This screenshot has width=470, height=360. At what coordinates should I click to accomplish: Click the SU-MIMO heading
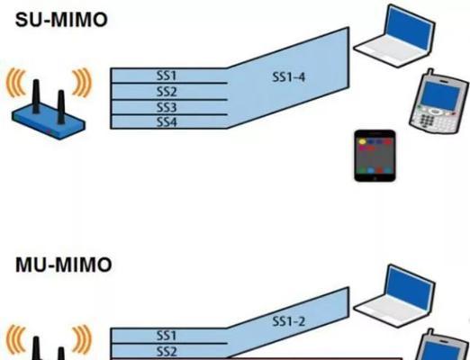pyautogui.click(x=61, y=20)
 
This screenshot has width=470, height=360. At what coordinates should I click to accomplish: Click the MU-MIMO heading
pyautogui.click(x=63, y=265)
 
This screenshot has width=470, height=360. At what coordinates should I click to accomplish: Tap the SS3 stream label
pyautogui.click(x=167, y=107)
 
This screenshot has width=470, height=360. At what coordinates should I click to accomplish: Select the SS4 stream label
pyautogui.click(x=167, y=122)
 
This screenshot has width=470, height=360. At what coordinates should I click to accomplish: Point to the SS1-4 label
pyautogui.click(x=288, y=77)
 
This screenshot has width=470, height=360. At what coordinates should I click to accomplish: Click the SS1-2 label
pyautogui.click(x=288, y=321)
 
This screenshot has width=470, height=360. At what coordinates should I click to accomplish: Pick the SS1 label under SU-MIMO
pyautogui.click(x=167, y=76)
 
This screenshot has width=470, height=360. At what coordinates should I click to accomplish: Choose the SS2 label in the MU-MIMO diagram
pyautogui.click(x=167, y=351)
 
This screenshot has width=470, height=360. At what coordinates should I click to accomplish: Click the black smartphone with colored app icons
pyautogui.click(x=375, y=156)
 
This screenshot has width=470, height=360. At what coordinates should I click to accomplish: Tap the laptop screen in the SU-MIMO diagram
pyautogui.click(x=410, y=27)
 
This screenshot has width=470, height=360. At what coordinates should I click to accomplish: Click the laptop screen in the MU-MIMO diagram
pyautogui.click(x=410, y=287)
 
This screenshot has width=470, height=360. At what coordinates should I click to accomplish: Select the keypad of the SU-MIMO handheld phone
pyautogui.click(x=432, y=119)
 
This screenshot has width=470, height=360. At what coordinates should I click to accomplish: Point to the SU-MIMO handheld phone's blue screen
pyautogui.click(x=440, y=94)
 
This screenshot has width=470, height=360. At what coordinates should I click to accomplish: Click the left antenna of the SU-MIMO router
pyautogui.click(x=36, y=96)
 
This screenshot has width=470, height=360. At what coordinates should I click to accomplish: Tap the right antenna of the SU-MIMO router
pyautogui.click(x=61, y=107)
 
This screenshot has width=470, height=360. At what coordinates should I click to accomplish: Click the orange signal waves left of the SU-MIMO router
pyautogui.click(x=16, y=83)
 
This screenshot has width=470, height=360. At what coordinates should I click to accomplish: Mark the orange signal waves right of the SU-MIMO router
pyautogui.click(x=81, y=83)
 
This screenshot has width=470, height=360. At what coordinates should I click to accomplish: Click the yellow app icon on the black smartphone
pyautogui.click(x=363, y=141)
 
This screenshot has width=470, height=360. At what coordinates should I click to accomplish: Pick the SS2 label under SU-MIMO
pyautogui.click(x=167, y=91)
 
